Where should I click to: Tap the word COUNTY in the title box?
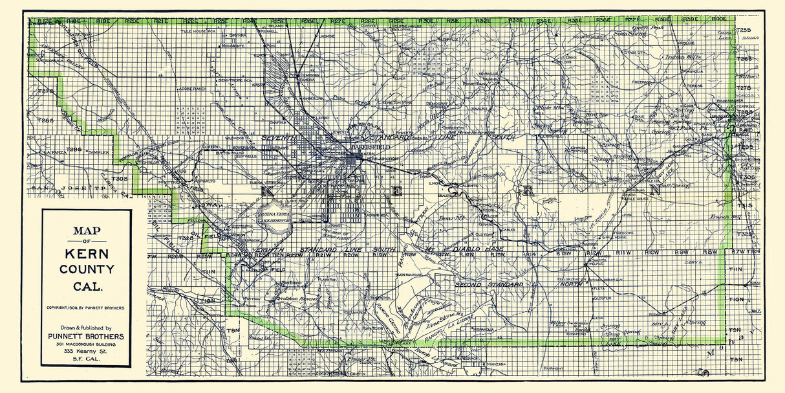pos(87,269)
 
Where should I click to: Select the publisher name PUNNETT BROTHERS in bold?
pos(87,337)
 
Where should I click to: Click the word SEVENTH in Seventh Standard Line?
pos(279,138)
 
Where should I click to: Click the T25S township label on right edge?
pos(744,30)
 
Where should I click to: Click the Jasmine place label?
pos(327,37)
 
